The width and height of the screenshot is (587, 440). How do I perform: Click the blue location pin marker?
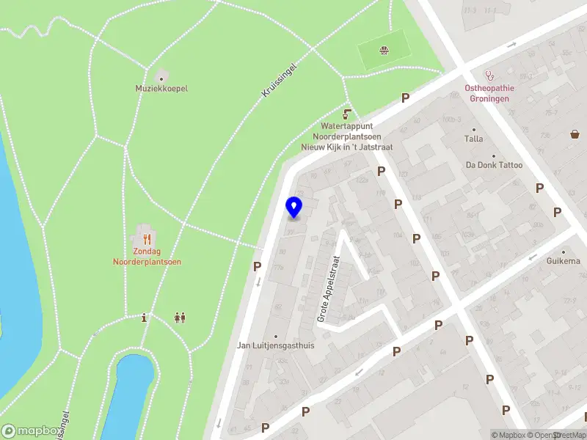294,207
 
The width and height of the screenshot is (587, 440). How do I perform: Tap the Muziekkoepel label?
161,88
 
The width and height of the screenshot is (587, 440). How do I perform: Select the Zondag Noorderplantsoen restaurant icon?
147,238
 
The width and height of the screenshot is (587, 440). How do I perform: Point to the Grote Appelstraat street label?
327,289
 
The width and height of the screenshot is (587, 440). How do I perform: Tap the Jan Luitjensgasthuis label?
276,345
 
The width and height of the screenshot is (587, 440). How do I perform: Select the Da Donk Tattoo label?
494,165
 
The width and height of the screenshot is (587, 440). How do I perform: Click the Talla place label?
473,139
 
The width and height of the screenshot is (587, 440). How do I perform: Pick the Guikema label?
563,261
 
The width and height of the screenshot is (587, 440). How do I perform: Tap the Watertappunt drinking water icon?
347,114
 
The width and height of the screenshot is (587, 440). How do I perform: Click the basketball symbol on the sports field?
383,50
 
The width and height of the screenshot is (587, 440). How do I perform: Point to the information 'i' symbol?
145,318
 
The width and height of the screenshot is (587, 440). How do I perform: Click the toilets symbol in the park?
180,318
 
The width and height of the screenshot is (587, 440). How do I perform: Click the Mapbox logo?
31,431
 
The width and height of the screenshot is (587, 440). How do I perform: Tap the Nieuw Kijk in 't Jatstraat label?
347,147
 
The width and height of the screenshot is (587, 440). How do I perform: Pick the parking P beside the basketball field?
404,98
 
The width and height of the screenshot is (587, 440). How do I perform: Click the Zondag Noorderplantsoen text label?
147,257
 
